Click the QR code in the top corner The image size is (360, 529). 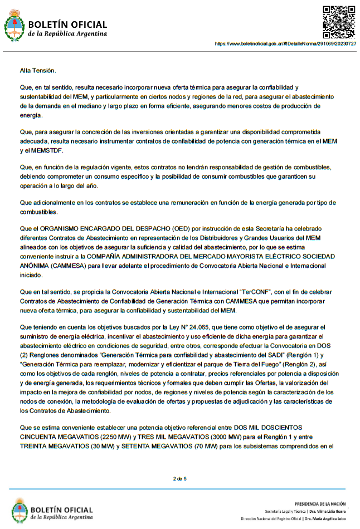(339, 21)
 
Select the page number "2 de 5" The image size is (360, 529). (179, 478)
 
